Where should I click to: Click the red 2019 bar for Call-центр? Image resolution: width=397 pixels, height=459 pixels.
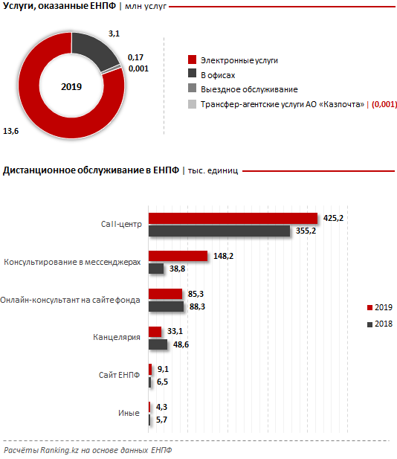click(x=233, y=219)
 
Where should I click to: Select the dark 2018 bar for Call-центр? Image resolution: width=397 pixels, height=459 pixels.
click(x=219, y=231)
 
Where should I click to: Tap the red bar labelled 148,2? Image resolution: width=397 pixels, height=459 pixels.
click(x=178, y=256)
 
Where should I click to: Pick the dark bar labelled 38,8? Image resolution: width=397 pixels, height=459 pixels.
click(x=156, y=269)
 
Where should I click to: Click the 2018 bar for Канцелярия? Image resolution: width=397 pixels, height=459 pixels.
click(x=158, y=344)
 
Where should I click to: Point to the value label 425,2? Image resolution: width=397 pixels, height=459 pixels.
click(x=333, y=218)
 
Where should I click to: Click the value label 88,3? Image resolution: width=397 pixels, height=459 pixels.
click(x=197, y=306)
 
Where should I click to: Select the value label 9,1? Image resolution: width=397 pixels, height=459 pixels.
click(x=163, y=369)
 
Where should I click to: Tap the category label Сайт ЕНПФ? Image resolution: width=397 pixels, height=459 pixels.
click(x=119, y=375)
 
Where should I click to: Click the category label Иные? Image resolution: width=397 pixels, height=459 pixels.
click(x=129, y=413)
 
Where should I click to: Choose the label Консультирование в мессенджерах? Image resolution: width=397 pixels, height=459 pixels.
click(x=72, y=262)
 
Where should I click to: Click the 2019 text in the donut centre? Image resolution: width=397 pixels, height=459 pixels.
click(x=71, y=86)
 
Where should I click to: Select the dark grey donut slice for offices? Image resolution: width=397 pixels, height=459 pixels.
click(x=94, y=50)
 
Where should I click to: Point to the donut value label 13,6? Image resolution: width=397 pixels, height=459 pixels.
click(x=11, y=131)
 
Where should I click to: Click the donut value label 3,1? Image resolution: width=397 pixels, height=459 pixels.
click(x=114, y=33)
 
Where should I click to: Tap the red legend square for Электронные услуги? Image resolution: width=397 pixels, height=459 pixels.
click(x=193, y=60)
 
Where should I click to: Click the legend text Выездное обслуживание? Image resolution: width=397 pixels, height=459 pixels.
click(x=249, y=89)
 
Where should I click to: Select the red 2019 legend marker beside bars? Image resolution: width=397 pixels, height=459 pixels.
click(x=369, y=308)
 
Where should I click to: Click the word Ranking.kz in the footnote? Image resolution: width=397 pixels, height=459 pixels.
click(x=59, y=450)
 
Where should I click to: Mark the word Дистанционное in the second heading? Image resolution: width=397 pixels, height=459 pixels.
click(x=39, y=170)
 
